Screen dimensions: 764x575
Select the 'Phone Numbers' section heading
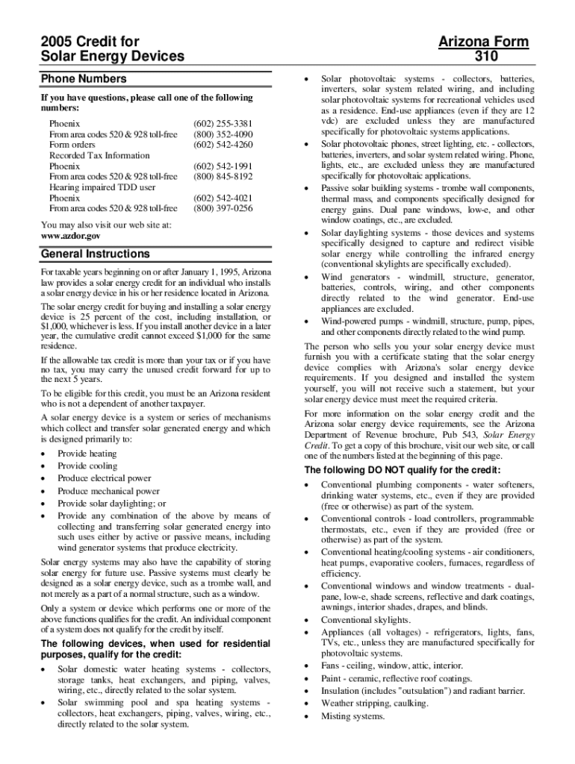pyautogui.click(x=83, y=78)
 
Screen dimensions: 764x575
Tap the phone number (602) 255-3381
pyautogui.click(x=223, y=123)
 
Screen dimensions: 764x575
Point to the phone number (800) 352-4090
pyautogui.click(x=223, y=134)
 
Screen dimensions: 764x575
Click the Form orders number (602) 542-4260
pyautogui.click(x=223, y=145)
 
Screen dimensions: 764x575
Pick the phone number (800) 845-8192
pyautogui.click(x=223, y=177)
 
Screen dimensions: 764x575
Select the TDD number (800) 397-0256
pyautogui.click(x=223, y=209)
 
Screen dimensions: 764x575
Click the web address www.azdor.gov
pyautogui.click(x=70, y=235)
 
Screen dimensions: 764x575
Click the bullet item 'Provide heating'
pyautogui.click(x=87, y=454)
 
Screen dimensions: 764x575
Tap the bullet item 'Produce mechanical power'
pyautogui.click(x=108, y=491)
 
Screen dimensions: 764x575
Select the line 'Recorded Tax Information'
pyautogui.click(x=99, y=156)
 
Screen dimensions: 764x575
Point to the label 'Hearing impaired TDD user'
pyautogui.click(x=102, y=188)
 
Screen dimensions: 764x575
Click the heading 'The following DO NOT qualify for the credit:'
pyautogui.click(x=402, y=470)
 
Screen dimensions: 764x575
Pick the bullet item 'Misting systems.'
pyautogui.click(x=352, y=716)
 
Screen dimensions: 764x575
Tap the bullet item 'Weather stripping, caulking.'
pyautogui.click(x=375, y=704)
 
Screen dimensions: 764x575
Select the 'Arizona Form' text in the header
pyautogui.click(x=483, y=42)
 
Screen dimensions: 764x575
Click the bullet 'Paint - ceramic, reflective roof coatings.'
pyautogui.click(x=397, y=678)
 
